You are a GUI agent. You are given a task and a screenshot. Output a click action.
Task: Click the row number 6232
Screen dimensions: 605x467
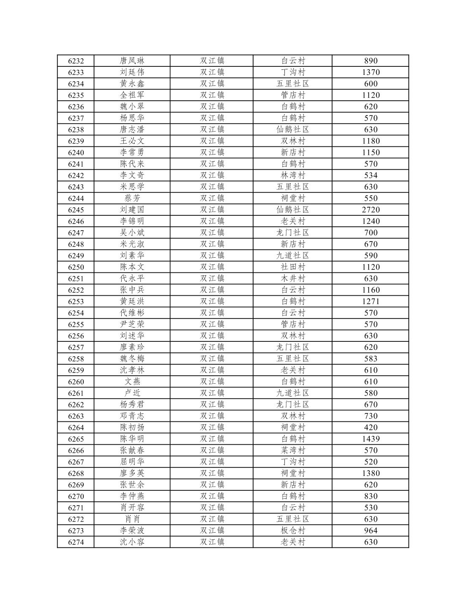click(x=76, y=61)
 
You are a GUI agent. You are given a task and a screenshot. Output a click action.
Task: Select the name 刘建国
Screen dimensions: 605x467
click(x=132, y=209)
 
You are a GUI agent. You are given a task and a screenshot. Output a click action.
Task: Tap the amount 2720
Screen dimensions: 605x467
click(x=371, y=209)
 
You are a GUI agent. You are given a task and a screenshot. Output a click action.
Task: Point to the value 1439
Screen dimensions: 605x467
click(x=371, y=439)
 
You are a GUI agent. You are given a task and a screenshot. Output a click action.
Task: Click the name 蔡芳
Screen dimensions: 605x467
click(x=132, y=198)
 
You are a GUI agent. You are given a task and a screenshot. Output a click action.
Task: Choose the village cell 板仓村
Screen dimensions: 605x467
click(x=293, y=531)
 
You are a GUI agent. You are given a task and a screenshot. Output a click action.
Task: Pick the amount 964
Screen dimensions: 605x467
click(x=371, y=531)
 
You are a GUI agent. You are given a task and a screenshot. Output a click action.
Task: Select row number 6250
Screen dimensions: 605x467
click(x=76, y=267)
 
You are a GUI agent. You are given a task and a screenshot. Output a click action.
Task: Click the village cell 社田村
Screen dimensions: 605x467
click(x=293, y=267)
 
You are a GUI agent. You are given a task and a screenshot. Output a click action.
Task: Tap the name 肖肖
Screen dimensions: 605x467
click(x=132, y=519)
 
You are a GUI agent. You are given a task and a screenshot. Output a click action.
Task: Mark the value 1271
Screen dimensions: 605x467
click(x=371, y=301)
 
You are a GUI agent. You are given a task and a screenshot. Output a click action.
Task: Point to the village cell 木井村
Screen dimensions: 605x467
click(x=293, y=278)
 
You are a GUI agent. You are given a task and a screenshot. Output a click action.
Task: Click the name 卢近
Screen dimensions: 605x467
click(x=132, y=393)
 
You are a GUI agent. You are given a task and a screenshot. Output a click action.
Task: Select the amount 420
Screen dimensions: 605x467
click(x=371, y=427)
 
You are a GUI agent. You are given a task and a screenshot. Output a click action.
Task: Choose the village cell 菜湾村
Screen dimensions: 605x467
click(x=293, y=450)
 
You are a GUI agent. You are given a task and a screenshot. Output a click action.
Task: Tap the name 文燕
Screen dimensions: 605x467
click(x=132, y=382)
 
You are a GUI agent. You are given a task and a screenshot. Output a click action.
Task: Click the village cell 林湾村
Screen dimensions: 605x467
click(x=293, y=175)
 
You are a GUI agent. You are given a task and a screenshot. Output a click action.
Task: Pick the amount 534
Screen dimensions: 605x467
click(x=371, y=175)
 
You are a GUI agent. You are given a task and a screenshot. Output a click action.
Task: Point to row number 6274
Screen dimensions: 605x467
click(x=76, y=542)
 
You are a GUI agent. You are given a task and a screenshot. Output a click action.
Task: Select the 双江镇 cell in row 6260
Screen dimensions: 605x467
click(x=212, y=382)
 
